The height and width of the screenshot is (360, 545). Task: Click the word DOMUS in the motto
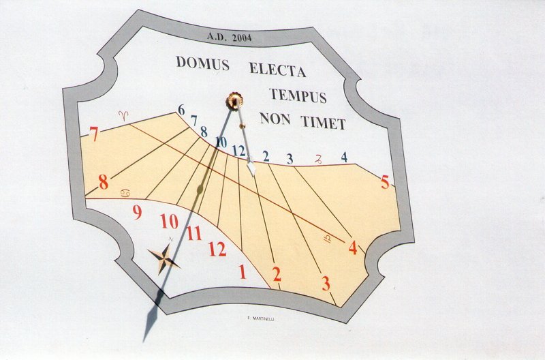[x=202, y=63]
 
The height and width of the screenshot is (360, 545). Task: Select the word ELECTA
[x=277, y=69]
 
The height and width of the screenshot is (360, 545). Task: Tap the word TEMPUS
[x=298, y=95]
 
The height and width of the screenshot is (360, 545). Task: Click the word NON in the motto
[x=275, y=119]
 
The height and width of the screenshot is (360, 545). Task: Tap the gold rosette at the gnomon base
[x=234, y=101]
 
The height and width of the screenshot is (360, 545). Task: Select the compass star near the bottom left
[x=163, y=258]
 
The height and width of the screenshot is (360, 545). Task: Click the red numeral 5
[x=385, y=183]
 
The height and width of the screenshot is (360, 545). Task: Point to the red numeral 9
[x=137, y=213]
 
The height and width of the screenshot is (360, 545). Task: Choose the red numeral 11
[x=194, y=234]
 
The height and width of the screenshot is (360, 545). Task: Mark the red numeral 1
[x=242, y=272]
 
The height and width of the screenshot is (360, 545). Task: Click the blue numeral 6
[x=181, y=110]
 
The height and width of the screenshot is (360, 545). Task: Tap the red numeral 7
[x=94, y=134]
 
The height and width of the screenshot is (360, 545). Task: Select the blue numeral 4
[x=344, y=157]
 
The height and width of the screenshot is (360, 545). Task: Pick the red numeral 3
[x=326, y=283]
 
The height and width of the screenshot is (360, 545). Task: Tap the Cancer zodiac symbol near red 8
[x=126, y=194]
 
